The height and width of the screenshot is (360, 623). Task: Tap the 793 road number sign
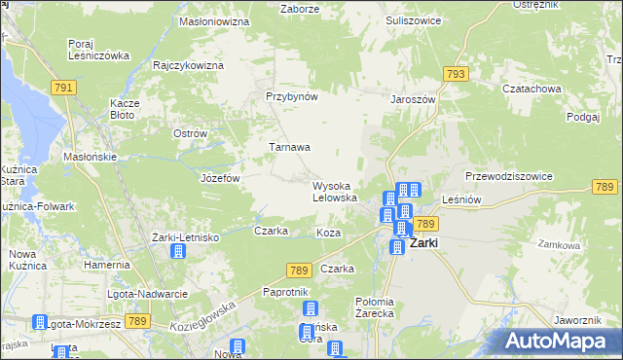tap(455, 74)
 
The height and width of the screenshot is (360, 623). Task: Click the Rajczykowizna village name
tap(189, 65)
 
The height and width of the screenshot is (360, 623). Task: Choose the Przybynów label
tap(293, 97)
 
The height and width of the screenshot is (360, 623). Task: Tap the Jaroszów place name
tap(413, 98)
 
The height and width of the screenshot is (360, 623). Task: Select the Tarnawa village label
tap(290, 148)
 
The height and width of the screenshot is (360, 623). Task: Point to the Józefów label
tap(220, 179)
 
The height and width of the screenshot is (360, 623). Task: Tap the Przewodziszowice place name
tap(509, 176)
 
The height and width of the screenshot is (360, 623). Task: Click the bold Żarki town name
tap(428, 243)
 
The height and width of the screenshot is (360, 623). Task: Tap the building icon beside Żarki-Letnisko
tap(178, 252)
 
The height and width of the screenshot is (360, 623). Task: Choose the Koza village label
tap(328, 234)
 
